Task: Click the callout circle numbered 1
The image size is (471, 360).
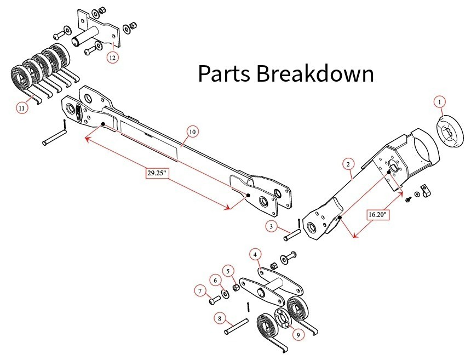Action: (439, 101)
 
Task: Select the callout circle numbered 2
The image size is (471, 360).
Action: (347, 163)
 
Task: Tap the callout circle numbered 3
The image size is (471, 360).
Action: (271, 226)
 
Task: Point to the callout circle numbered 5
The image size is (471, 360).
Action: (228, 270)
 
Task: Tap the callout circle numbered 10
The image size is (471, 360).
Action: (192, 132)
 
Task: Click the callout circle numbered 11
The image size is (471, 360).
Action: (21, 108)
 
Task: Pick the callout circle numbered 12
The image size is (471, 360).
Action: (112, 57)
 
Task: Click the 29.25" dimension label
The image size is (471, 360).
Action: (157, 173)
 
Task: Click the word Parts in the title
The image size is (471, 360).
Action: (224, 74)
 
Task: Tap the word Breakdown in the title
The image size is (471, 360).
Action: (315, 74)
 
